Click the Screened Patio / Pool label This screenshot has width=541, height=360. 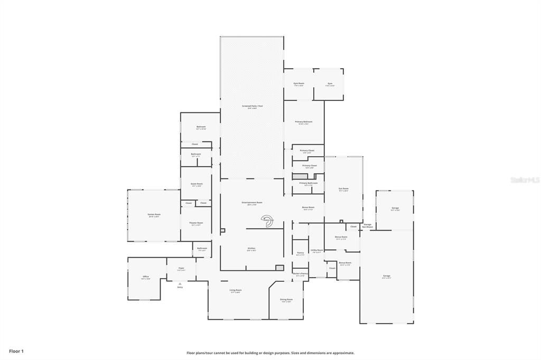tap(252, 106)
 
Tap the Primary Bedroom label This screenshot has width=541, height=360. tap(304, 122)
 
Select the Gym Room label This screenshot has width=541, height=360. tap(299, 83)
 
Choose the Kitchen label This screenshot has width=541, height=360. tap(251, 249)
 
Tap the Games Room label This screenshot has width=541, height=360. tap(154, 214)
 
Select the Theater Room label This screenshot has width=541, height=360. tap(196, 223)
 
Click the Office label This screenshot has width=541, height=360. tap(145, 277)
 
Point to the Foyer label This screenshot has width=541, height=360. tap(181, 268)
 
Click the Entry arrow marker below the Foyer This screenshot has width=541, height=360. tap(180, 284)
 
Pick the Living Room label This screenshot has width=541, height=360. tap(236, 290)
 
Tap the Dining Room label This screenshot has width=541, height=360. tap(286, 299)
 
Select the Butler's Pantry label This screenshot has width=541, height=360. tap(300, 273)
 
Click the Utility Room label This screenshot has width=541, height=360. tap(317, 250)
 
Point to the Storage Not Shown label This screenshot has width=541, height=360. tap(367, 225)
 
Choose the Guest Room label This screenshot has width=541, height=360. tap(197, 184)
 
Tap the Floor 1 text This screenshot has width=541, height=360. tap(16, 351)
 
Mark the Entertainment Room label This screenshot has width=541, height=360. tap(252, 203)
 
